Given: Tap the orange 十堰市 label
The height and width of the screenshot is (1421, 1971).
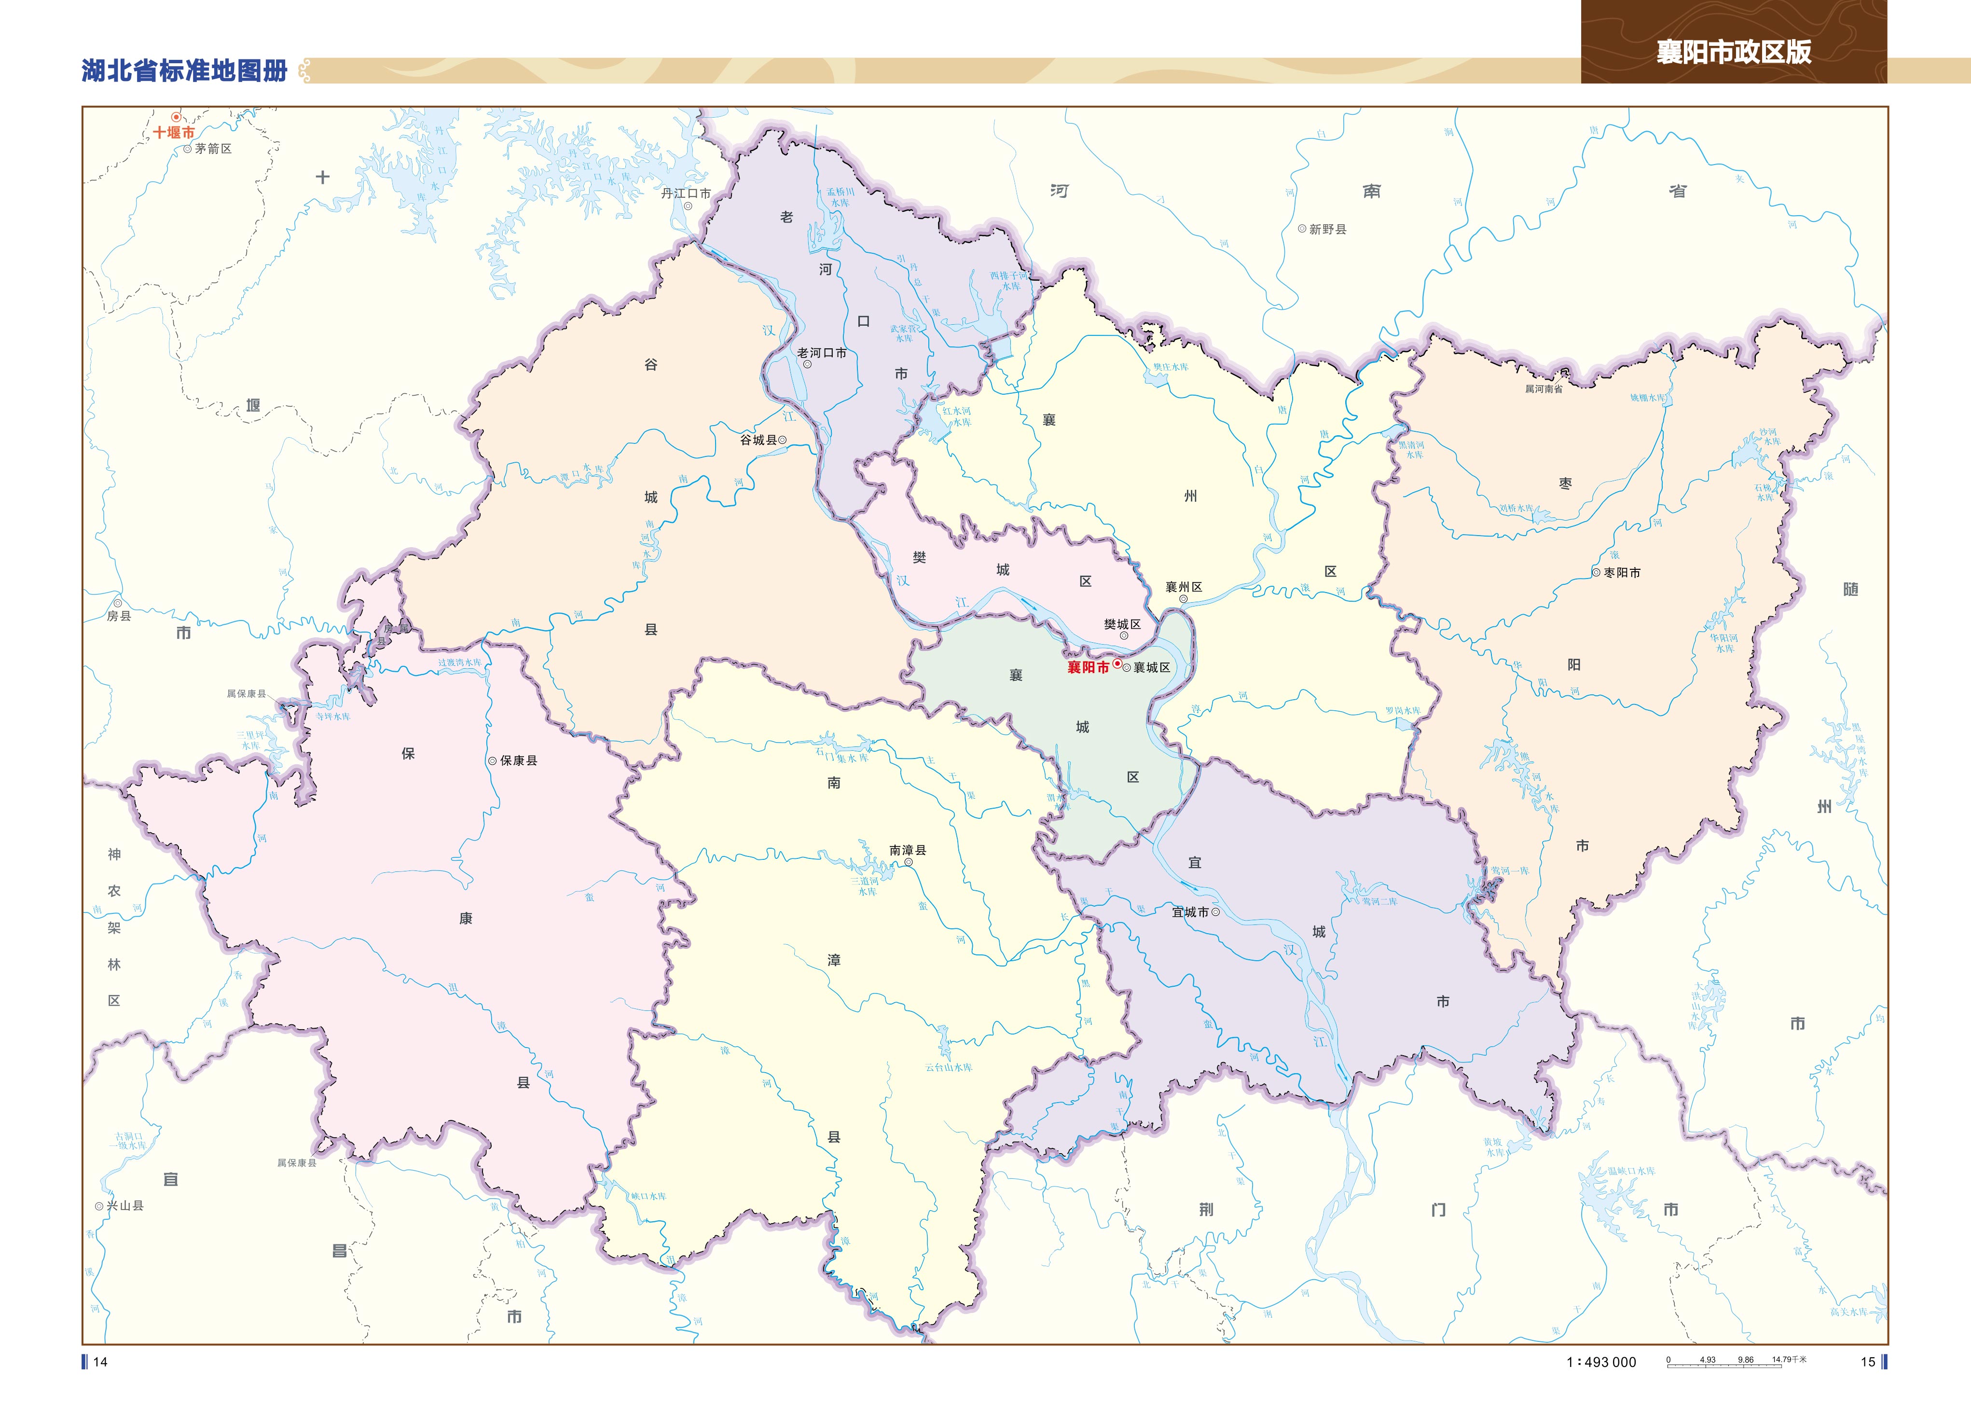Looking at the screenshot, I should (174, 132).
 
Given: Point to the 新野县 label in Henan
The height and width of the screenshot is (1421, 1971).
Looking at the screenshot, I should (1327, 230).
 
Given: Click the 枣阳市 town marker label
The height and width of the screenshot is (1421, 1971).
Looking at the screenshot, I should (1622, 573).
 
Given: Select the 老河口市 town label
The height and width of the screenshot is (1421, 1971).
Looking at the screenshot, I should (821, 353).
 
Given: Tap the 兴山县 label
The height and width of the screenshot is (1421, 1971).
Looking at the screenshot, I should (124, 1206).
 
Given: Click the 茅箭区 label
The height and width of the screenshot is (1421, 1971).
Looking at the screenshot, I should (213, 149).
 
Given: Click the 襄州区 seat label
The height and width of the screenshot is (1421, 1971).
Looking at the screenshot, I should (1184, 588).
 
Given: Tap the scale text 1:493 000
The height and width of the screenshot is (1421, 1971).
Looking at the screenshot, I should (1601, 1362).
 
